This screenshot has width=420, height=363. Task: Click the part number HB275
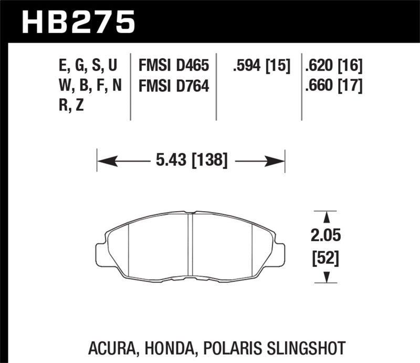pyautogui.click(x=78, y=22)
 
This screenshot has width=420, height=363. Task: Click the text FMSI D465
pyautogui.click(x=174, y=66)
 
